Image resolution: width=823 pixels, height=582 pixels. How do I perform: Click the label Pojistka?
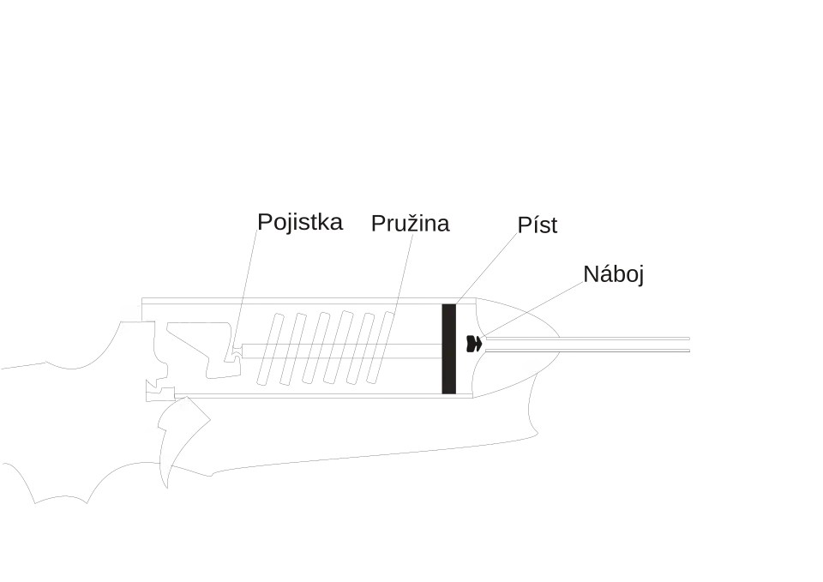300,223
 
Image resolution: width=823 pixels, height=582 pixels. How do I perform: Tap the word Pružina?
410,224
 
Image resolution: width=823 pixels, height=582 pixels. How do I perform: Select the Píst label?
537,225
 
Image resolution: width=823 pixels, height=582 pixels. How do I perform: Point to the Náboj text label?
613,274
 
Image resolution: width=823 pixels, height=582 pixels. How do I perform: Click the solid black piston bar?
448,349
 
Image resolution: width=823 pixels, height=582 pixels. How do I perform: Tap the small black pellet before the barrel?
474,343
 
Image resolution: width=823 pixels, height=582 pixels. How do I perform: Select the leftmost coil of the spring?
270,349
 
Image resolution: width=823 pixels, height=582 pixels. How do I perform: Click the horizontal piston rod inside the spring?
341,351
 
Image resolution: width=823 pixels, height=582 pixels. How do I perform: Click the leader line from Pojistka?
245,288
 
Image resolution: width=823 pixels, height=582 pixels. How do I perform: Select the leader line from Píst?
487,267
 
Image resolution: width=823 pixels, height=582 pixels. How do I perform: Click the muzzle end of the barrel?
689,345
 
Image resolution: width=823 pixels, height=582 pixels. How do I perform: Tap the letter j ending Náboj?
640,275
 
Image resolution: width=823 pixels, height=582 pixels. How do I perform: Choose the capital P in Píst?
524,225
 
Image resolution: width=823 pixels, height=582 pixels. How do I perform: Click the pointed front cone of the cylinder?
516,347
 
